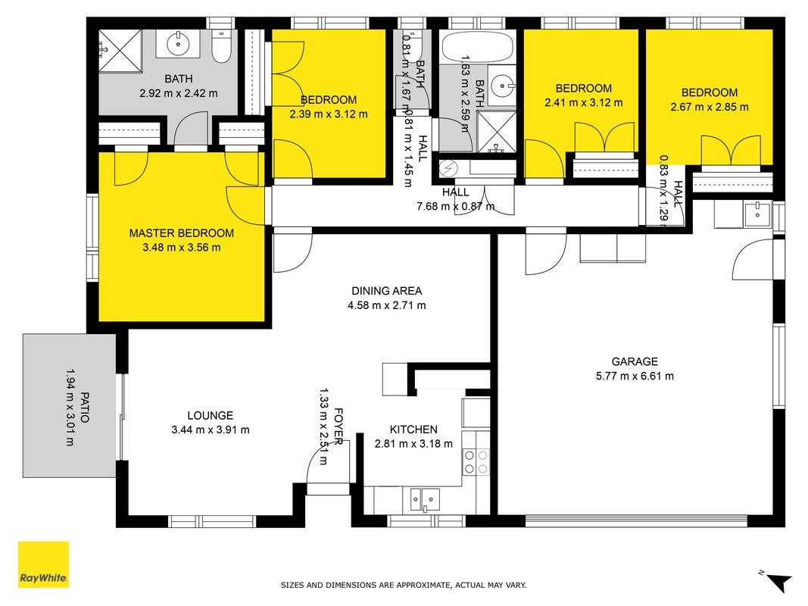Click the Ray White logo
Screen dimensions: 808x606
43,564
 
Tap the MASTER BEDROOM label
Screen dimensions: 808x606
182,233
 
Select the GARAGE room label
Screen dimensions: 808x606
635,362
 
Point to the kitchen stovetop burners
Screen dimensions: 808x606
476,462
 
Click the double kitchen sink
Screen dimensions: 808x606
425,499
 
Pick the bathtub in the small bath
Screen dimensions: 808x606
478,48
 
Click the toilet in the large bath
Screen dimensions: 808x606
222,47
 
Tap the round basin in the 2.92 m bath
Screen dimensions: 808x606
178,44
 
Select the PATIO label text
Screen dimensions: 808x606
85,407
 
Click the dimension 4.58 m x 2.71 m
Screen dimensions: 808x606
386,305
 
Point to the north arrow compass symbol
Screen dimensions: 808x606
777,581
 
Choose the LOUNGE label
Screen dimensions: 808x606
211,415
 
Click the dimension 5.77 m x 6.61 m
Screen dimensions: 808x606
635,376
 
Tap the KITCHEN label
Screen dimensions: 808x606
413,430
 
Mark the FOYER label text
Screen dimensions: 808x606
338,426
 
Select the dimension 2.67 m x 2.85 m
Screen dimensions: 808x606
709,107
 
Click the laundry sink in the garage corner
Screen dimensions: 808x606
757,215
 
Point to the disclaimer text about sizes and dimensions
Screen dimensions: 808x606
404,585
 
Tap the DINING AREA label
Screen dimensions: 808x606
386,291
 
